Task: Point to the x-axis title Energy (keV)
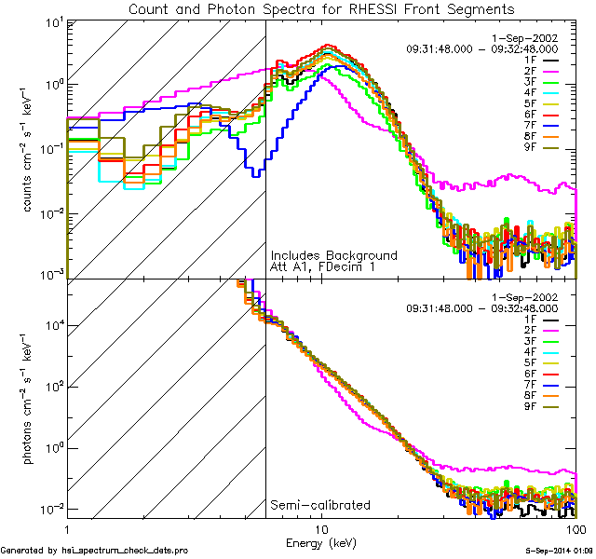tap(321, 542)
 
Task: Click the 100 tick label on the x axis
tap(576, 528)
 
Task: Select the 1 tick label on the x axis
tap(67, 528)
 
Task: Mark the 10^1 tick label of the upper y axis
tap(48, 20)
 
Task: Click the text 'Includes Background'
tap(333, 255)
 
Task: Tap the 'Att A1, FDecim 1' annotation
tap(322, 268)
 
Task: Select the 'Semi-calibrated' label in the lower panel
tap(319, 505)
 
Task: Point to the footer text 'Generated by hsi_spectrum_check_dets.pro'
tap(95, 551)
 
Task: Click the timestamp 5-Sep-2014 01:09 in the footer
tap(555, 551)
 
